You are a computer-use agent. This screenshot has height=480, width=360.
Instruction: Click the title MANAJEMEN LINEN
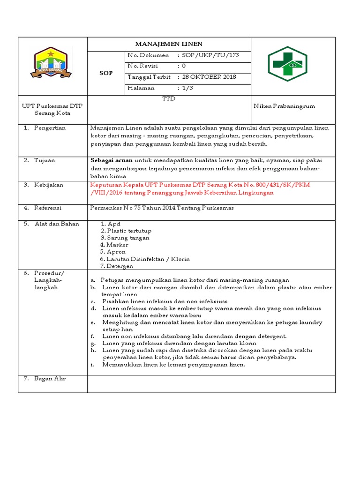tap(169, 44)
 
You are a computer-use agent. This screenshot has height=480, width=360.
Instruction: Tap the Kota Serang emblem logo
tap(52, 62)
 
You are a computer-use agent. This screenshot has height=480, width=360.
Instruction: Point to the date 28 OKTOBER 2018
tap(209, 77)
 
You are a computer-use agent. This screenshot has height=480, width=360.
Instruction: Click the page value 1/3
tap(187, 88)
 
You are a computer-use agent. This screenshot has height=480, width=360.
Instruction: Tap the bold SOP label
tap(105, 74)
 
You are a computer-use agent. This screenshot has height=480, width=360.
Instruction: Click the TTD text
tap(169, 99)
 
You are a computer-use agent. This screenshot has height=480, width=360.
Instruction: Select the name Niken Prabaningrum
tap(284, 106)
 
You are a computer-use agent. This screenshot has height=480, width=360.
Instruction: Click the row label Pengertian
tap(50, 128)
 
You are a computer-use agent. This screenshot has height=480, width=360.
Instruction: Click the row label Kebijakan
tap(49, 185)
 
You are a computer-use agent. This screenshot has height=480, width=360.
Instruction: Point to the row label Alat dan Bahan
tap(57, 224)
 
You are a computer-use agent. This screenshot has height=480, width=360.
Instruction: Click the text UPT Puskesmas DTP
tap(52, 106)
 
